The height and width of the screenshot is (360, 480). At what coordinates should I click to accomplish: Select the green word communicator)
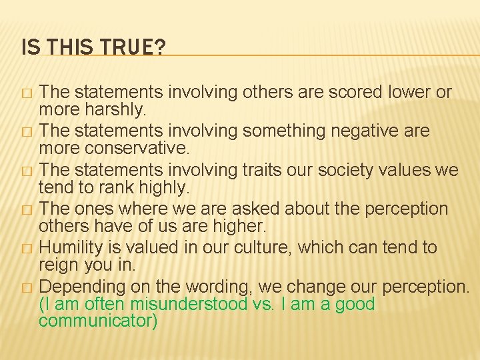(98, 321)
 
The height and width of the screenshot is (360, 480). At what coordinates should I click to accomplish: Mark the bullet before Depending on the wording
(26, 287)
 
